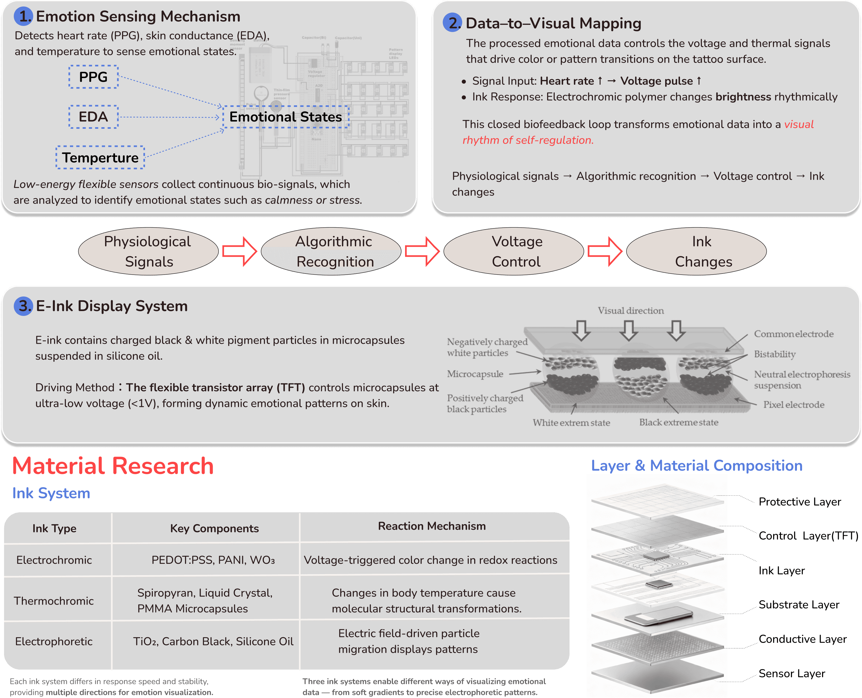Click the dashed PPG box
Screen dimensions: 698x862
(x=93, y=77)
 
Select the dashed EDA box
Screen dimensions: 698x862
(x=93, y=117)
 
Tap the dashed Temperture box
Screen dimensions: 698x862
(x=100, y=158)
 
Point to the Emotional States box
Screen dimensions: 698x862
(x=285, y=117)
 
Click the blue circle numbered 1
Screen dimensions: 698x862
(x=23, y=16)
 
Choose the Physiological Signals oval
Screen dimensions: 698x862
(x=148, y=251)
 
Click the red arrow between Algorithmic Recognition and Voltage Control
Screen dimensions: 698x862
(x=422, y=251)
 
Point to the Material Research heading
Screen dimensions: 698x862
(x=113, y=466)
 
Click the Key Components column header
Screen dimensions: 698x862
(x=214, y=528)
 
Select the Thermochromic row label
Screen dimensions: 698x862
(x=54, y=601)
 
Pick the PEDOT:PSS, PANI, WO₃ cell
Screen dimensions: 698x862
(x=213, y=560)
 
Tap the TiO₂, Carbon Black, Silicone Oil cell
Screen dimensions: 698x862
(x=213, y=641)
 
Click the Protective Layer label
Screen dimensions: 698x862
(x=800, y=502)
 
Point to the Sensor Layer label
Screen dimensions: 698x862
(x=792, y=673)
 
